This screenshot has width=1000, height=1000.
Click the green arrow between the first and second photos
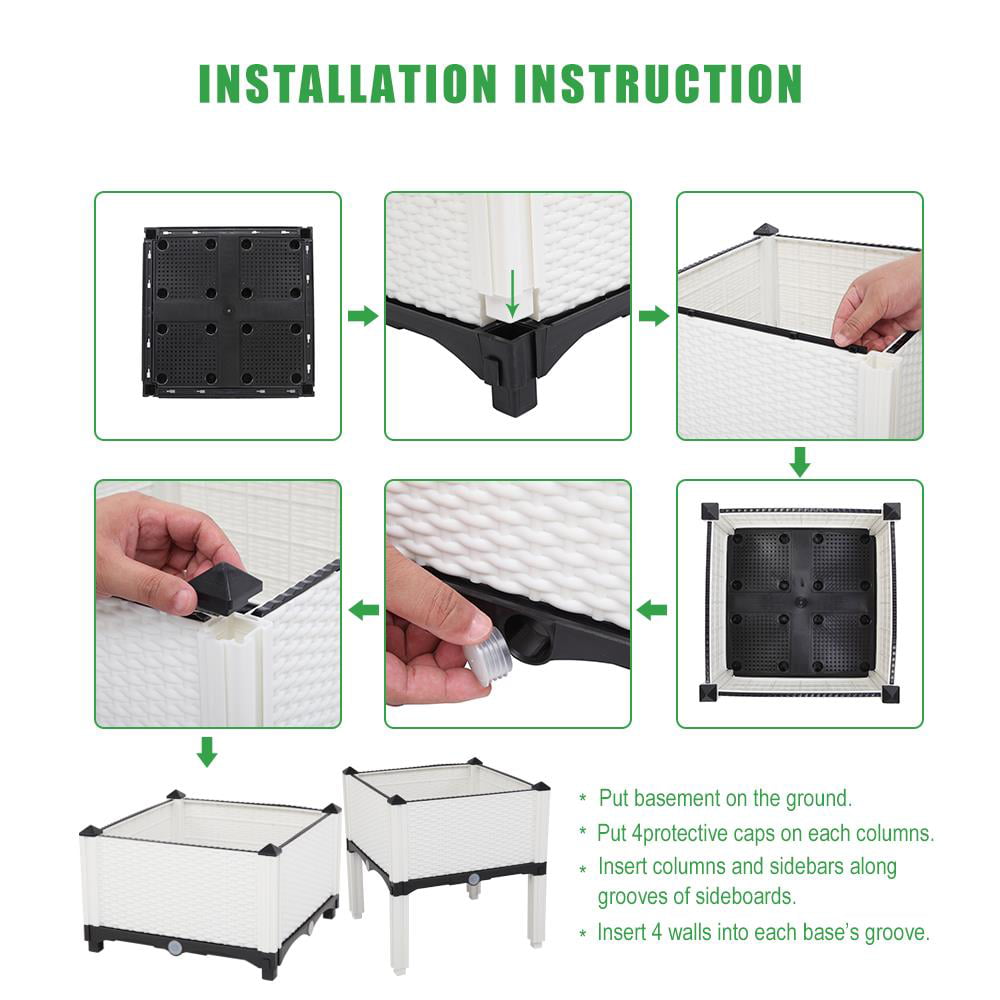(x=363, y=316)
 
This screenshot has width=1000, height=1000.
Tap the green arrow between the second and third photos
(x=653, y=316)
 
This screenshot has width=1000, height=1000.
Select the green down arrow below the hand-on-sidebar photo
(x=799, y=461)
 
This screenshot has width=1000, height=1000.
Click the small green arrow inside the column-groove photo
(x=513, y=291)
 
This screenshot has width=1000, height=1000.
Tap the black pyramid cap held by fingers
(x=226, y=586)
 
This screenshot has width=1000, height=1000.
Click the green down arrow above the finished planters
(x=206, y=751)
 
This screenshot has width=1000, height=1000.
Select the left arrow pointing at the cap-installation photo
(x=363, y=609)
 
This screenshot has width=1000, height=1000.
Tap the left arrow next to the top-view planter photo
(x=653, y=609)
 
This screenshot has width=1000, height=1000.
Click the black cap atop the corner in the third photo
(x=766, y=231)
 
